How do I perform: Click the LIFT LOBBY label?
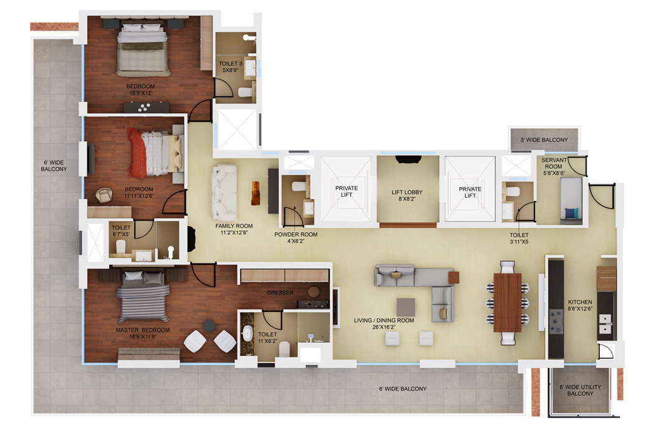[x=407, y=196]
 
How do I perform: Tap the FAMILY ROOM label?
[x=234, y=230]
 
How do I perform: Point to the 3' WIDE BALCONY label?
[x=544, y=140]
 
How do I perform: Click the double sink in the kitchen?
[x=605, y=324]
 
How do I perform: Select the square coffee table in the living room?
[x=405, y=307]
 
